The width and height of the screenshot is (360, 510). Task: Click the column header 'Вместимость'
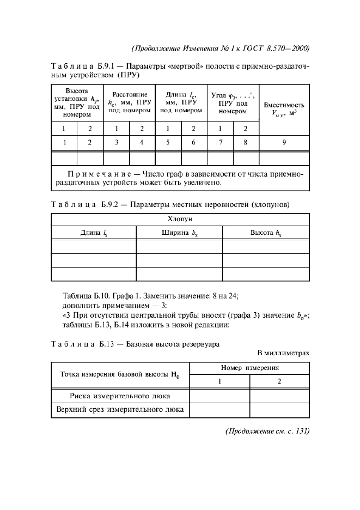pyautogui.click(x=284, y=105)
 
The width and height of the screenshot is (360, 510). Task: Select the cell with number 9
pyautogui.click(x=284, y=143)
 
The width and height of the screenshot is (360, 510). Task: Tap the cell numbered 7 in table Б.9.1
pyautogui.click(x=220, y=143)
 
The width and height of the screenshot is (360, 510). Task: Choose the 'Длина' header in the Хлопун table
pyautogui.click(x=94, y=233)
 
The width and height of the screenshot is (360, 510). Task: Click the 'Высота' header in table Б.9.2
pyautogui.click(x=265, y=233)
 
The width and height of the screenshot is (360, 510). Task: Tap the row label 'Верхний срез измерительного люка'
pyautogui.click(x=119, y=409)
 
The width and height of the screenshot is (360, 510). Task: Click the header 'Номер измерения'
pyautogui.click(x=249, y=368)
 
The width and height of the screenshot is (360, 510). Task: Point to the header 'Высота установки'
pyautogui.click(x=77, y=102)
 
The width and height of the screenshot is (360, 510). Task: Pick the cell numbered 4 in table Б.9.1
pyautogui.click(x=142, y=143)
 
